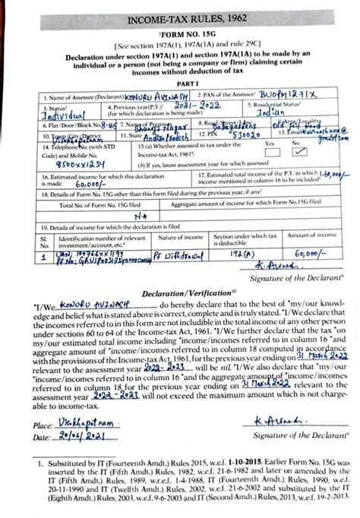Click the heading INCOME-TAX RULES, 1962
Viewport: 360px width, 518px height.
[180, 16]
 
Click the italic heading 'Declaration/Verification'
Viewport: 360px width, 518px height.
[179, 292]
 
